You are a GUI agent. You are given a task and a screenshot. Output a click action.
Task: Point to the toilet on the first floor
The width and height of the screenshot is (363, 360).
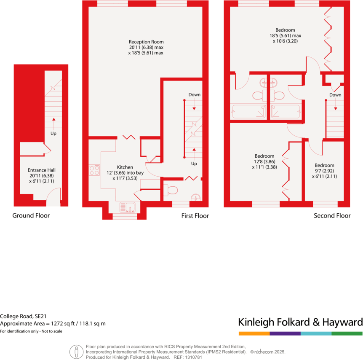point(171,191)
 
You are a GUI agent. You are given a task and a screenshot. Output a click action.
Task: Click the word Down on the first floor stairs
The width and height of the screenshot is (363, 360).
point(194,95)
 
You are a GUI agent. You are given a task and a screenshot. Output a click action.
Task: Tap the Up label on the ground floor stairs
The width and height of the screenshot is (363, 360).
point(53,134)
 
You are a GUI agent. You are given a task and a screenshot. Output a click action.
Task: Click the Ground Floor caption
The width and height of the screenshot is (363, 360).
point(31,216)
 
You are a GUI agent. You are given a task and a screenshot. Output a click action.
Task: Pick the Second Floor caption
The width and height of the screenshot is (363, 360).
point(332,216)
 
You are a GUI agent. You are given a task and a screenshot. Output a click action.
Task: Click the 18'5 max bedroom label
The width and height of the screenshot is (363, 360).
point(285,35)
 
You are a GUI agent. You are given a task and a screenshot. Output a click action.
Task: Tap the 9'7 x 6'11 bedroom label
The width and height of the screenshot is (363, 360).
point(324,171)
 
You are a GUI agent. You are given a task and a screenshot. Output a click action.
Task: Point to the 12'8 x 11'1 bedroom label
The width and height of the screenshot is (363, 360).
point(264,161)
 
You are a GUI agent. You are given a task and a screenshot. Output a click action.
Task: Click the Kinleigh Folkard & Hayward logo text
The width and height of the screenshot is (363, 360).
point(300,323)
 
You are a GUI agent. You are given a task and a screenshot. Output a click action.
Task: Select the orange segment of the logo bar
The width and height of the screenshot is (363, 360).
point(254,333)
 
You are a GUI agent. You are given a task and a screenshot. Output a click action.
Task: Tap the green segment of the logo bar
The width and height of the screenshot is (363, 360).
point(347,333)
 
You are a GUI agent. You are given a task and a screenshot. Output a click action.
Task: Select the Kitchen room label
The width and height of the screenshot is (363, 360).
point(125,167)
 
